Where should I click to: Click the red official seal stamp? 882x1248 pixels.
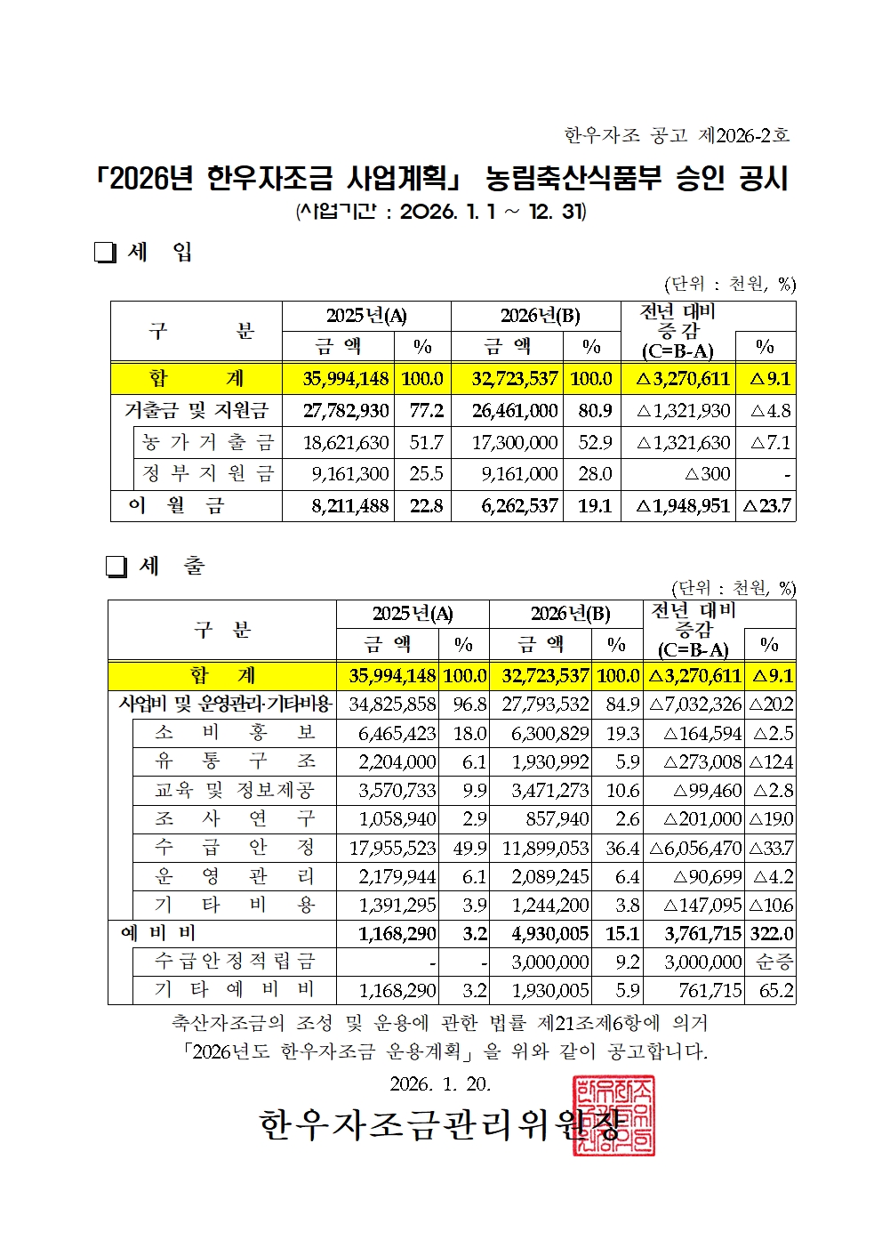(613, 1115)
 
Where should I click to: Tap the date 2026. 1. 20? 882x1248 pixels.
(440, 1083)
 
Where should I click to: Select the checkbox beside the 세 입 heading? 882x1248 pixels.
(105, 254)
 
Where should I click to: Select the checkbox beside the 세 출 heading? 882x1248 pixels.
(116, 567)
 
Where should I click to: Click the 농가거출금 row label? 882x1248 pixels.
(208, 442)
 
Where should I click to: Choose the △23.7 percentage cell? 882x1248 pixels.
(766, 506)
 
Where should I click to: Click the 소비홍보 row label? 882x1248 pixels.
(235, 732)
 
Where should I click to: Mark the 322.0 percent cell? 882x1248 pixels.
(771, 933)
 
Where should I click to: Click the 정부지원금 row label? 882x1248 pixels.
(208, 474)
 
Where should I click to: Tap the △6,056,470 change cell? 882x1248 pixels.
(694, 848)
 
